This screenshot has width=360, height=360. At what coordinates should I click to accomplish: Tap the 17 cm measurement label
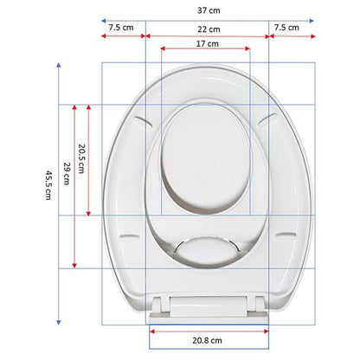point(206,43)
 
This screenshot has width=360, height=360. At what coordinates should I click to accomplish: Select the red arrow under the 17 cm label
point(206,51)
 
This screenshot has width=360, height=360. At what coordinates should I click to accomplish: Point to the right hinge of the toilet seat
point(254,303)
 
